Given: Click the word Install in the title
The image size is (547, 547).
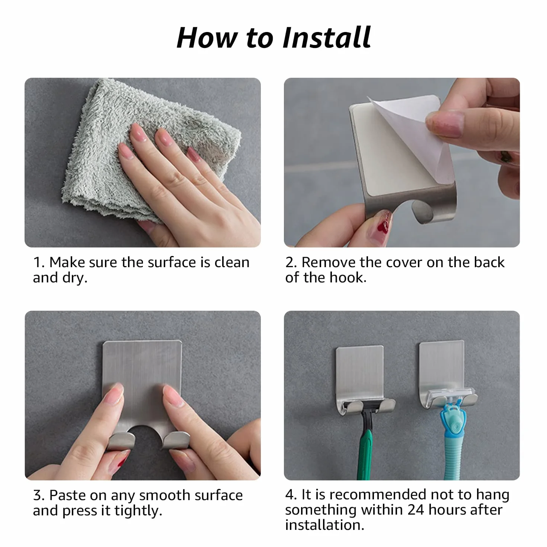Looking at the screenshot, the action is click(x=327, y=38).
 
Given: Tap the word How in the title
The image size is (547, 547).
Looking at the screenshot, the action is click(x=207, y=38).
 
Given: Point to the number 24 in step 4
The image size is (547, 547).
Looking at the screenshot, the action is click(x=416, y=510).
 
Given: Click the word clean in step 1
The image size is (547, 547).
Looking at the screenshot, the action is click(x=231, y=262).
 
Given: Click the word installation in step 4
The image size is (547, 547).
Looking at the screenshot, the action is click(x=325, y=525).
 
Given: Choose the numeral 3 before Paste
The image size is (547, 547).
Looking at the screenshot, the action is click(x=38, y=496).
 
